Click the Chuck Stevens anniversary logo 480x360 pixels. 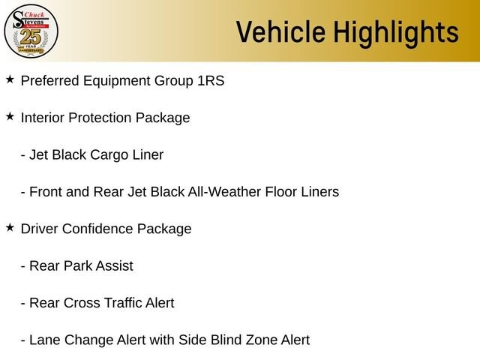[x=31, y=31]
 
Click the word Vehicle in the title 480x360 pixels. [x=280, y=31]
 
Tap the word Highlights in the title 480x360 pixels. [x=396, y=33]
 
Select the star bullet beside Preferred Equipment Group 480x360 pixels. [x=10, y=79]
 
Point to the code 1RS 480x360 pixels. [x=211, y=80]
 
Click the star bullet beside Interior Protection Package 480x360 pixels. [x=10, y=116]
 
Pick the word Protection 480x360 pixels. [x=100, y=118]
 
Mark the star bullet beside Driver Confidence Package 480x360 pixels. [x=10, y=227]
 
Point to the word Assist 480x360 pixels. [x=115, y=265]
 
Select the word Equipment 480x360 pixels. [x=117, y=81]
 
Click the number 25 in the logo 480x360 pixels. [x=30, y=37]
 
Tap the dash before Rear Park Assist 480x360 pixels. [x=23, y=266]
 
